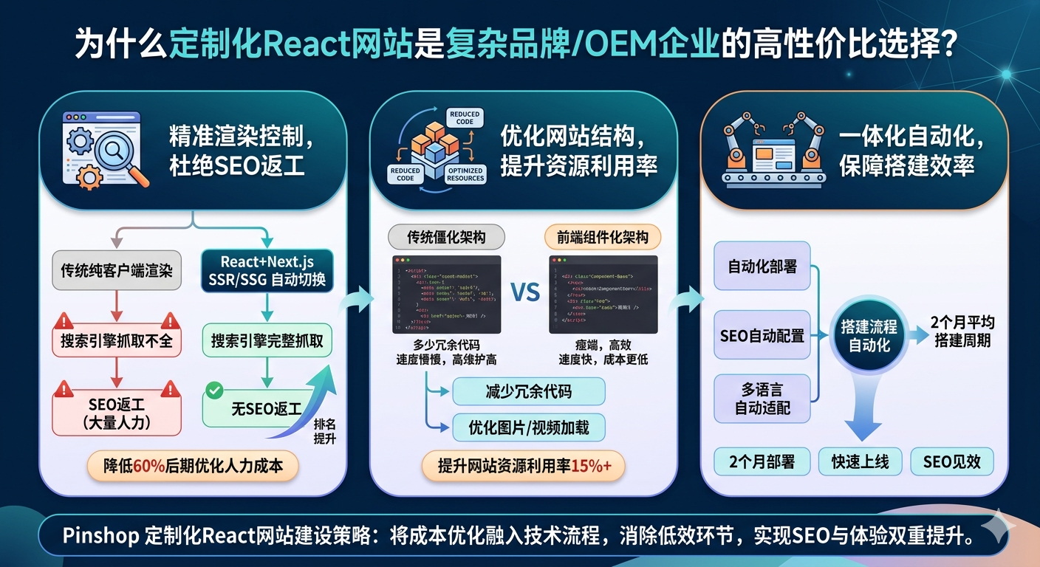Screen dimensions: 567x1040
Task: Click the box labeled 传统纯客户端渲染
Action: [x=117, y=270]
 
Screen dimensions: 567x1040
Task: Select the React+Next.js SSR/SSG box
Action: [x=267, y=271]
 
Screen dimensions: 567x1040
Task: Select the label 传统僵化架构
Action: [x=446, y=237]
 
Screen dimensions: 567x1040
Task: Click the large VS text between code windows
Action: [x=525, y=293]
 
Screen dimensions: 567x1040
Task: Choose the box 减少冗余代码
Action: [x=528, y=391]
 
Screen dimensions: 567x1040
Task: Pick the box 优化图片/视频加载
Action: [x=528, y=427]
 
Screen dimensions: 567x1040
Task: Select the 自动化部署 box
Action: [x=762, y=266]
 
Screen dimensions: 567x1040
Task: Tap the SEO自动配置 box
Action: [x=762, y=335]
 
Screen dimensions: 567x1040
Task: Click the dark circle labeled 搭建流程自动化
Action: [x=869, y=336]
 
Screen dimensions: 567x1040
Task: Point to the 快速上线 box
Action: [x=860, y=462]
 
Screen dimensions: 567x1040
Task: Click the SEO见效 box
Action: [x=951, y=462]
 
